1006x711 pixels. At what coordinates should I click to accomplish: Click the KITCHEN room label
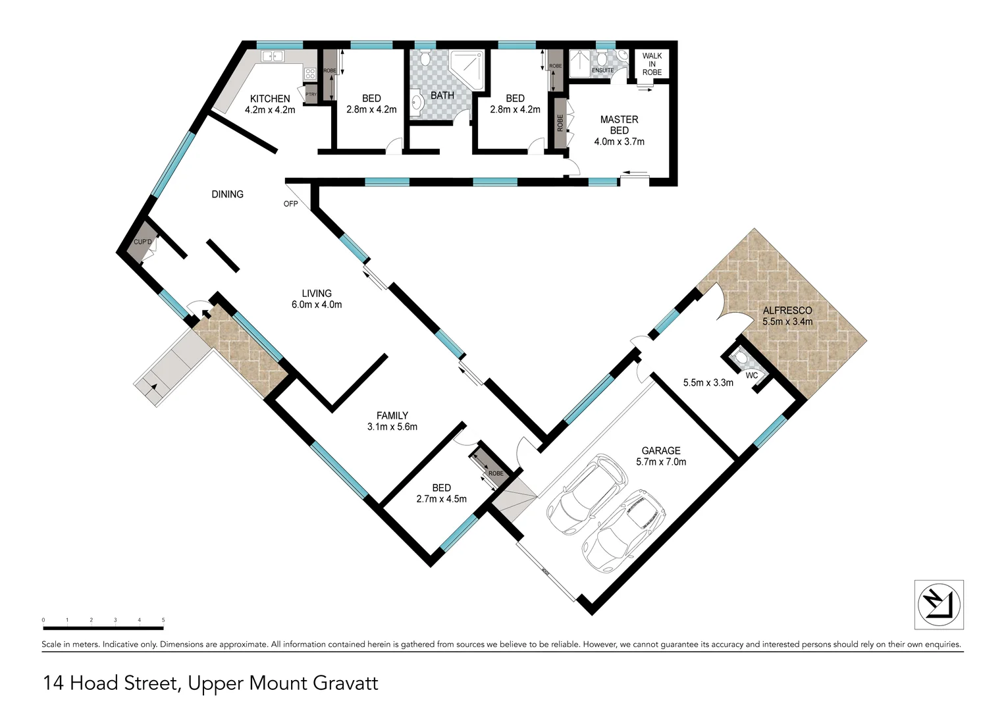coord(270,99)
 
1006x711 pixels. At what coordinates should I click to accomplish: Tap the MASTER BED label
coord(619,124)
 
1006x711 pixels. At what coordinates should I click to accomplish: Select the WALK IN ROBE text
coord(652,64)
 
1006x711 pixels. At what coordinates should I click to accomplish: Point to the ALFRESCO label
coord(787,311)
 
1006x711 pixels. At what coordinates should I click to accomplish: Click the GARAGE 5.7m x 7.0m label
coord(661,456)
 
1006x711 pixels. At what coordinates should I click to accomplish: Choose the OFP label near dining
coord(290,204)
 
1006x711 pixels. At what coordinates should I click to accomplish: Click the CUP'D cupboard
coord(143,242)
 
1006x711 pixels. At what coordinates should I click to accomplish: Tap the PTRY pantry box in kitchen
coord(310,95)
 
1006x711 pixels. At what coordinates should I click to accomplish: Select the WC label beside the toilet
coord(751,376)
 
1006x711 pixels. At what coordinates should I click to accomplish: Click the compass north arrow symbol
coord(939,604)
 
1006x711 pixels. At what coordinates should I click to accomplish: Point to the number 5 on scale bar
coord(163,620)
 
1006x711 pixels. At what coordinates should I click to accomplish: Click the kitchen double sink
coord(273,57)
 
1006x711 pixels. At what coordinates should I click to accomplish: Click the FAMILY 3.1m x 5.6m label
coord(392,421)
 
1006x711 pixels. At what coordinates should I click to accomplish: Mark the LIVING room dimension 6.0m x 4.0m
coord(317,305)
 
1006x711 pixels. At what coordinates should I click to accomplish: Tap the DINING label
coord(227,194)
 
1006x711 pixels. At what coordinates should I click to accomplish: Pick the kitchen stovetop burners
coord(309,72)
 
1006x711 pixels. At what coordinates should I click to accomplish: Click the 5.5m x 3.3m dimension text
coord(708,382)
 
